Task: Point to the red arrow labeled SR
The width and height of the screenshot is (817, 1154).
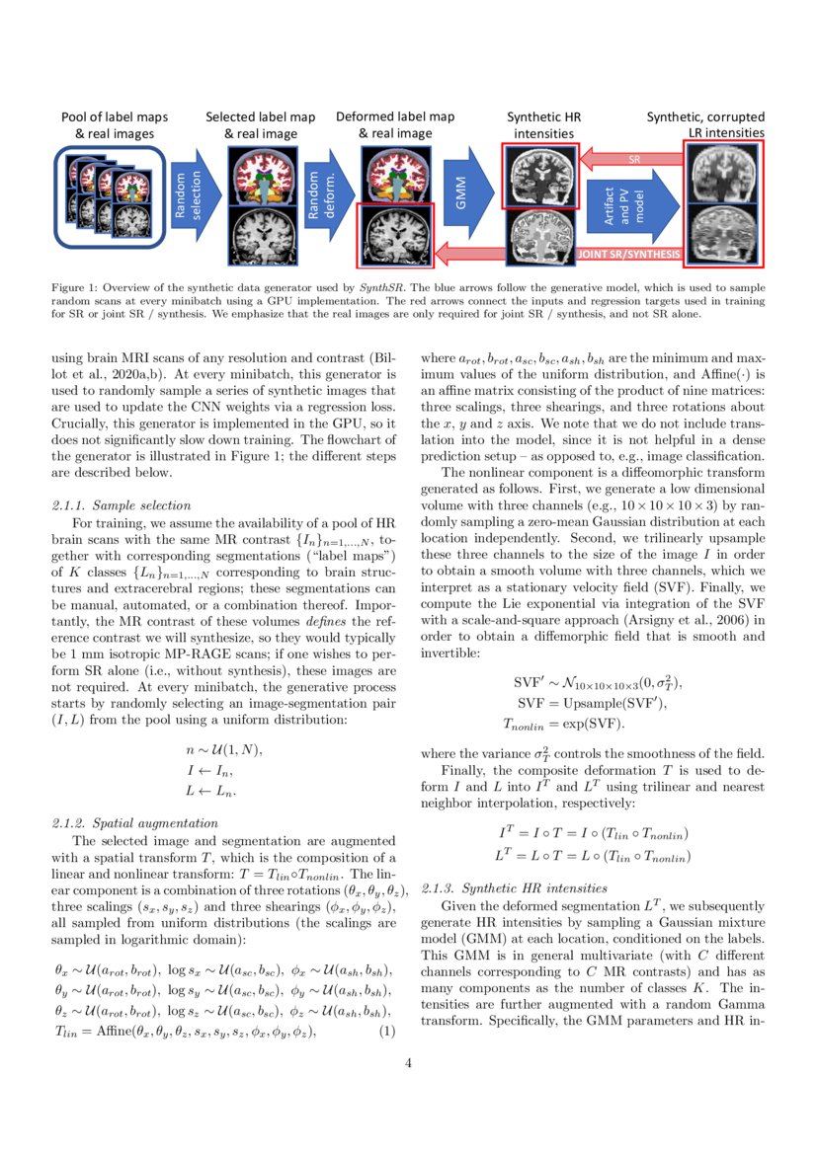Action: click(x=632, y=158)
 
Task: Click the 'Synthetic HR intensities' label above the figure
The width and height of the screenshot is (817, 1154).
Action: click(x=544, y=124)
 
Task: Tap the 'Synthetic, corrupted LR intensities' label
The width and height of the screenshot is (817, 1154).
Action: click(x=704, y=124)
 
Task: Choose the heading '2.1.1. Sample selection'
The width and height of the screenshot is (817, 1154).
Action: click(x=114, y=505)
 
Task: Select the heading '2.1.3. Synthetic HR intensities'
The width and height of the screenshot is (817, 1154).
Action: click(x=514, y=888)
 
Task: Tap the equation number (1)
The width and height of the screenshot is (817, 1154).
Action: click(x=387, y=1032)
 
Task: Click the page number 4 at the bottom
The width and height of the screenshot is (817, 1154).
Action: click(x=408, y=1063)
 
